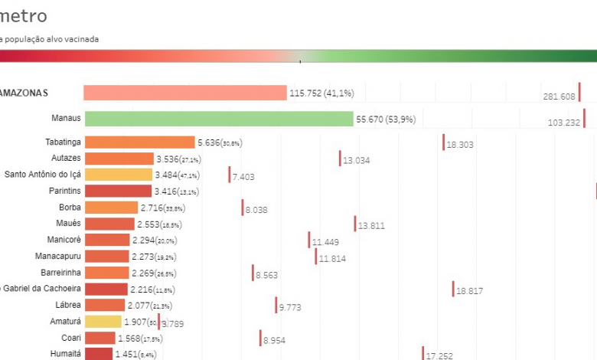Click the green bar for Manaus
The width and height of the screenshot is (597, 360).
pos(218,119)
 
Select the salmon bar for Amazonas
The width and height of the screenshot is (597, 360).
pos(184,93)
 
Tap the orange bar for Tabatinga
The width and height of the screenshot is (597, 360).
pos(139,142)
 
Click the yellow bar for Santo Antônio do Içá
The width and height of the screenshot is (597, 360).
pos(119,175)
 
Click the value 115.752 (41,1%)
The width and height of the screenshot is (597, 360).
pos(321,93)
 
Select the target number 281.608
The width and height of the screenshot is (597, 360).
pos(559,97)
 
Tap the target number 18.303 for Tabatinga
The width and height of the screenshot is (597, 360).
pos(461,144)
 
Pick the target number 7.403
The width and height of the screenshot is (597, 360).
pos(243,177)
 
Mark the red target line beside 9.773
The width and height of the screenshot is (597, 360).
pos(276,305)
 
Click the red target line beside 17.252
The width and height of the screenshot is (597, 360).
pos(422,353)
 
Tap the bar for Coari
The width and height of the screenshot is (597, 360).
pos(99,338)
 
